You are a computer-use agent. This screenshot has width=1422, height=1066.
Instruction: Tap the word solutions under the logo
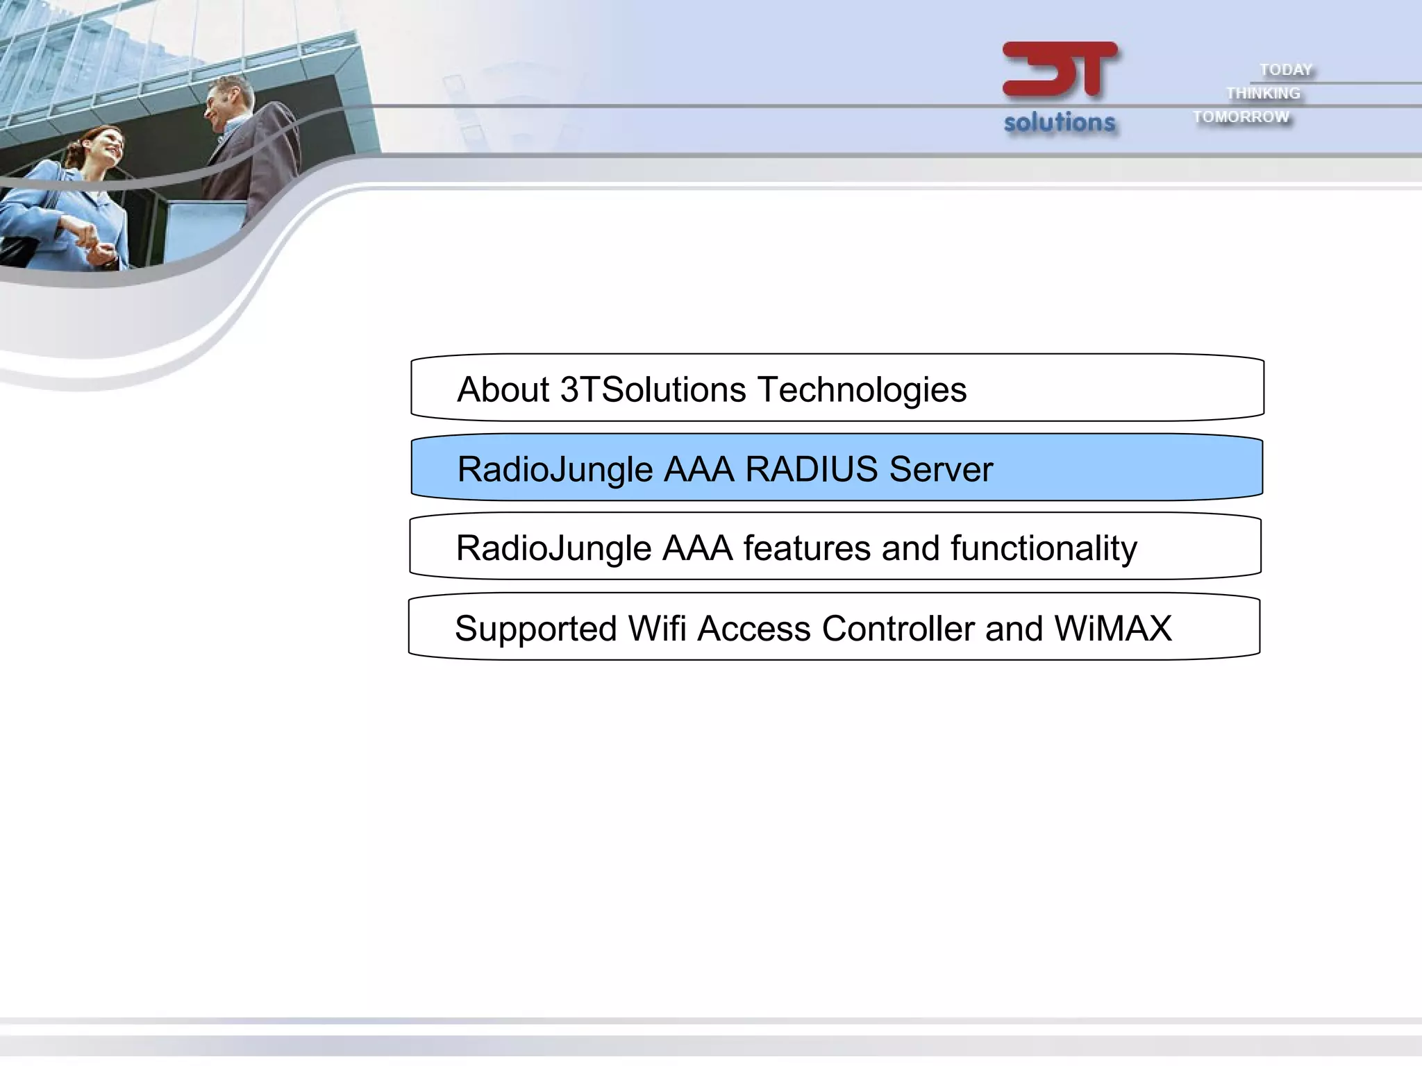pyautogui.click(x=1060, y=123)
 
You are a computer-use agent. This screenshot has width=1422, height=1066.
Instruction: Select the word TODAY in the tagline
pyautogui.click(x=1286, y=70)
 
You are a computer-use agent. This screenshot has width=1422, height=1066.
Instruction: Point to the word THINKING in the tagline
pyautogui.click(x=1263, y=93)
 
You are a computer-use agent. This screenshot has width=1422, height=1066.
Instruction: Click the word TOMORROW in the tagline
pyautogui.click(x=1241, y=117)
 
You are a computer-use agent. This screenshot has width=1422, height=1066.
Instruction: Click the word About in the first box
pyautogui.click(x=503, y=389)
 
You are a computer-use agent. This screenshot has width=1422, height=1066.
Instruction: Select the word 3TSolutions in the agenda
pyautogui.click(x=653, y=389)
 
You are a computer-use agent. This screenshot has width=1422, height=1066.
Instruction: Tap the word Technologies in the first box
pyautogui.click(x=862, y=391)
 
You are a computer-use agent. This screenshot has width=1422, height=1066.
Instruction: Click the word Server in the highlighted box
pyautogui.click(x=941, y=469)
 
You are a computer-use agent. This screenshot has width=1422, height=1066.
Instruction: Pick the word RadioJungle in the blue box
pyautogui.click(x=555, y=471)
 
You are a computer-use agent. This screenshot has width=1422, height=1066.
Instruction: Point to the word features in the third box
pyautogui.click(x=807, y=548)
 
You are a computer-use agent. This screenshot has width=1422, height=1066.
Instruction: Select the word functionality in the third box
pyautogui.click(x=1044, y=550)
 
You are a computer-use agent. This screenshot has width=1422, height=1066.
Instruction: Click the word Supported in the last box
pyautogui.click(x=535, y=629)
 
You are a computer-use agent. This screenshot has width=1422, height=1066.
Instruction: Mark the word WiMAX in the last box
pyautogui.click(x=1112, y=629)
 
